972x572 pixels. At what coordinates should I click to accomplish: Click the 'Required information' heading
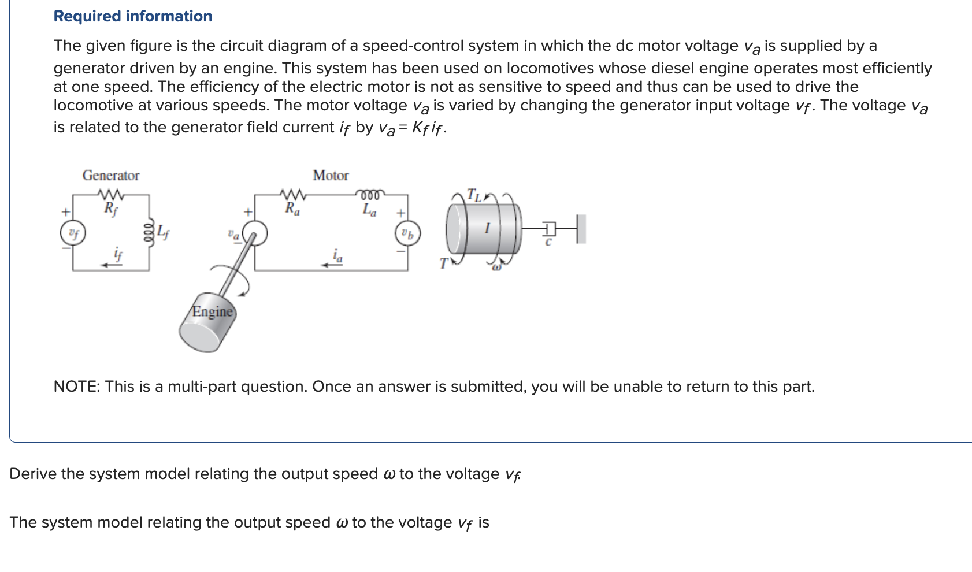coord(132,16)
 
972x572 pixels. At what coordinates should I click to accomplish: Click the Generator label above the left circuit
coord(111,176)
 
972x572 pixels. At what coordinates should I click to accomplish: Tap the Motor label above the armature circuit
coord(331,176)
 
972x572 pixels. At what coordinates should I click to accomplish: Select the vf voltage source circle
coord(73,233)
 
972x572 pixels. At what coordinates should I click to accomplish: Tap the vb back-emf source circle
coord(407,234)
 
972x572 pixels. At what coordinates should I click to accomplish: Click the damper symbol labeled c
coord(550,229)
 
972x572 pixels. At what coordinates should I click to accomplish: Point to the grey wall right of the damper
coord(581,229)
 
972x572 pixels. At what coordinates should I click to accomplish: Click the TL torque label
coord(473,195)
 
